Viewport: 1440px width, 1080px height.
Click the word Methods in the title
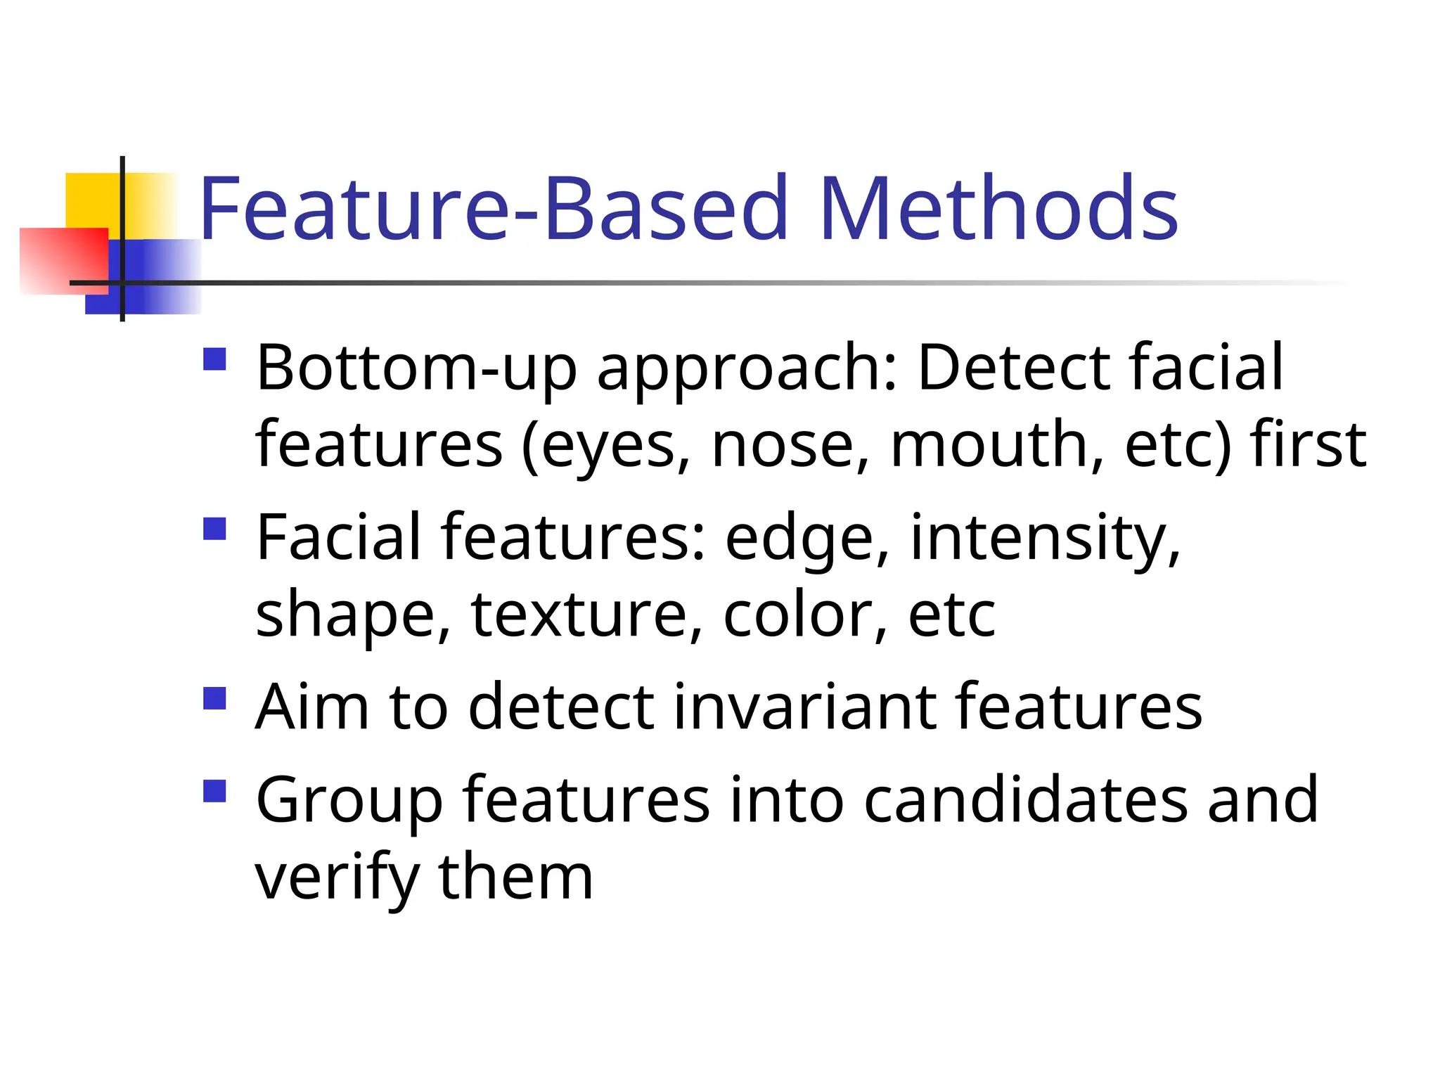coord(998,209)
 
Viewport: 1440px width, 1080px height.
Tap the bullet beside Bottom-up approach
coord(214,359)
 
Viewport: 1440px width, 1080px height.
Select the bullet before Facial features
coord(214,529)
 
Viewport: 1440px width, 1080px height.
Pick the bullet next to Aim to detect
coord(214,698)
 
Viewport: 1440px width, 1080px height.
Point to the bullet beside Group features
coord(214,791)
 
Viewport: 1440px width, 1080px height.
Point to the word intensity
coord(1045,539)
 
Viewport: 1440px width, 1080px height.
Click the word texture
coord(588,615)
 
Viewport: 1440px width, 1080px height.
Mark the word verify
coord(337,879)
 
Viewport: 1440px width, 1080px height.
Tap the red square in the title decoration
coord(63,260)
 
